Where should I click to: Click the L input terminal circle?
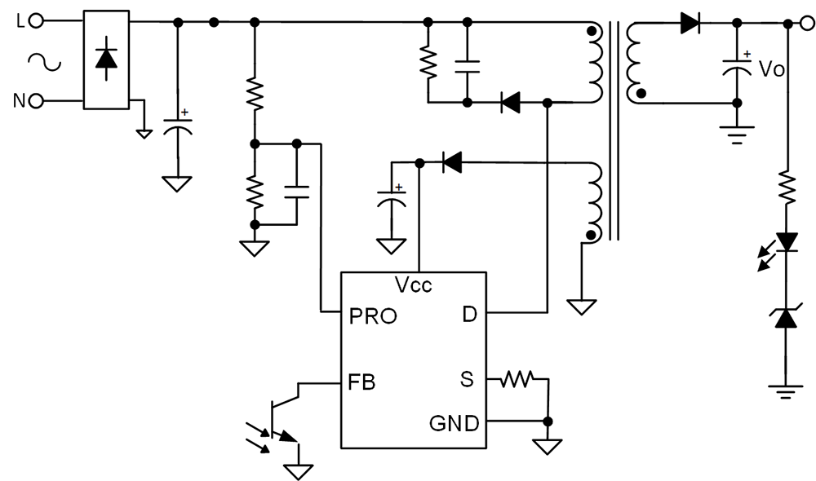37,23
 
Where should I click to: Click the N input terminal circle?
37,101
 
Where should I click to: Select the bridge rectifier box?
106,59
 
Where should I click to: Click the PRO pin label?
373,316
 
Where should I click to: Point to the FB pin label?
361,381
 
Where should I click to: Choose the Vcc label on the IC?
413,285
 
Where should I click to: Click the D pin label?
469,315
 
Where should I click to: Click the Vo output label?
772,69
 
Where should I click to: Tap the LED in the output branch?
786,242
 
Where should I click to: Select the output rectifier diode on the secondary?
690,24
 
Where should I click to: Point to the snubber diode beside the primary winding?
511,103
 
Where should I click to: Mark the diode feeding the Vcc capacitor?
451,163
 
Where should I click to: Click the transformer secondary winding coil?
632,61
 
